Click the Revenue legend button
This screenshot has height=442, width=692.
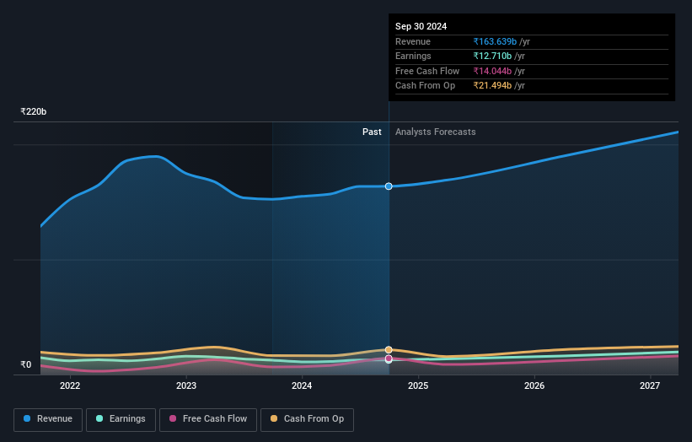coord(48,419)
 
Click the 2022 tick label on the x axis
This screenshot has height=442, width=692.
coord(70,386)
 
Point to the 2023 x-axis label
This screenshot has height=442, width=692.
coord(186,386)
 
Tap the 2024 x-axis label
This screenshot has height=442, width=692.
coord(302,386)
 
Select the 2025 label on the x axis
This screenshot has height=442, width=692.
coord(418,386)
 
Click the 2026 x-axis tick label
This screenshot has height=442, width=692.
coord(534,386)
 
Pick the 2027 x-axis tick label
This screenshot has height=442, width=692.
coord(650,386)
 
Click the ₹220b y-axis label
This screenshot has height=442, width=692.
coord(34,111)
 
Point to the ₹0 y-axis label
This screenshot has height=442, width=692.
coord(26,364)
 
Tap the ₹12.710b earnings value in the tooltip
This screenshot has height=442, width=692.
coord(493,57)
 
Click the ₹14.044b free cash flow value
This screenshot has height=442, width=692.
coord(493,71)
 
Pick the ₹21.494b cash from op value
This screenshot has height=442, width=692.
coord(493,86)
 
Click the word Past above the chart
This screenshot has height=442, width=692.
coord(372,132)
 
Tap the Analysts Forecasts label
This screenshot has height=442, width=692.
coord(435,132)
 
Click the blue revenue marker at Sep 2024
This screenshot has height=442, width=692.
coord(389,186)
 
